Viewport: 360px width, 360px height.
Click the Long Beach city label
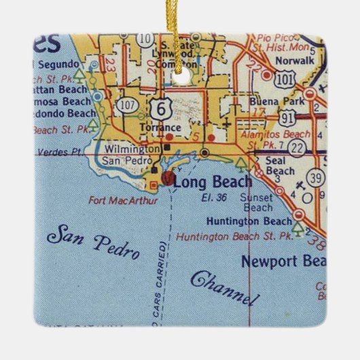(x=213, y=181)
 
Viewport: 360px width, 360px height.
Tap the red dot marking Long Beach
(x=168, y=179)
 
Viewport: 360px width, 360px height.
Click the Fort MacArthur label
(x=123, y=200)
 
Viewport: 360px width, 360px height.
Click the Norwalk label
(x=293, y=59)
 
